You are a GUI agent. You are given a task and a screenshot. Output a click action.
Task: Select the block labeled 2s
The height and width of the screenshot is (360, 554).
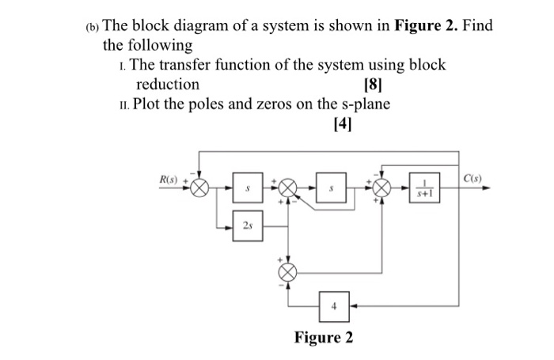[247, 225]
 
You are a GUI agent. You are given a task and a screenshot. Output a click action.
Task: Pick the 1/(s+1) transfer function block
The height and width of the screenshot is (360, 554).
[424, 189]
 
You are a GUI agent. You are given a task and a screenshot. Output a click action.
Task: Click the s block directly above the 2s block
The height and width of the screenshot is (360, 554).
[247, 189]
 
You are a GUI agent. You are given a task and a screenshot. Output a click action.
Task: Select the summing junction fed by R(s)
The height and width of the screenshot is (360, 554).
[202, 189]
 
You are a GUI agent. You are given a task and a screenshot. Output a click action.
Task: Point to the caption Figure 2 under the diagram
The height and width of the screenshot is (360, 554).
[324, 338]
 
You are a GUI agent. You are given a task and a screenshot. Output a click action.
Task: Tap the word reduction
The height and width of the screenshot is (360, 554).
[168, 85]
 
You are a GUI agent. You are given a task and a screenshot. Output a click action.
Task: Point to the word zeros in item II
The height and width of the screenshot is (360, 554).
[274, 104]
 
